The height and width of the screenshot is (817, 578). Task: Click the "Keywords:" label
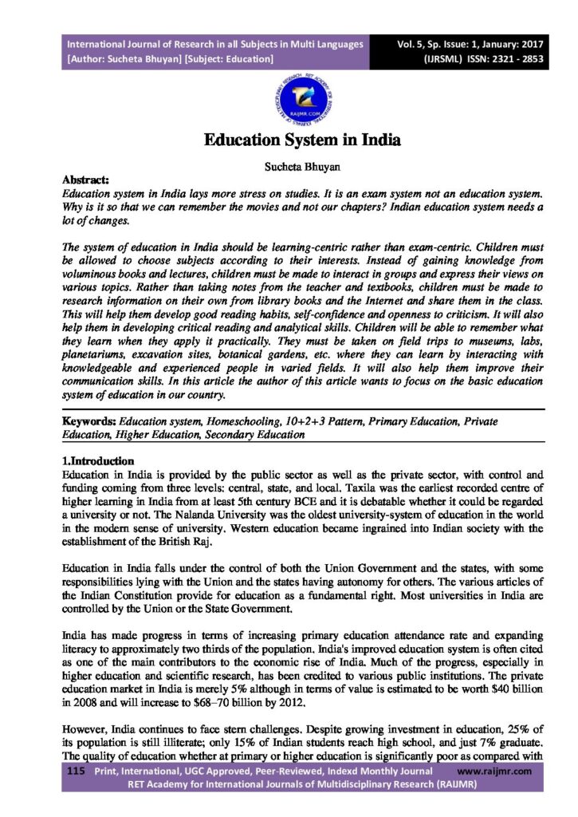(90, 420)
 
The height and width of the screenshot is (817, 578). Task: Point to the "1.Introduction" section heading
(98, 461)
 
